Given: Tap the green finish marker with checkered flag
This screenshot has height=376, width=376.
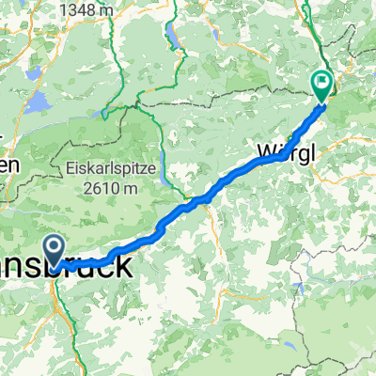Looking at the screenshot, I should pyautogui.click(x=321, y=86).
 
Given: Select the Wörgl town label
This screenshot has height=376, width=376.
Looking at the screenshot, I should pyautogui.click(x=281, y=149).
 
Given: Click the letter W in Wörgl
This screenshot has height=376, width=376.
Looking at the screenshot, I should pyautogui.click(x=264, y=149).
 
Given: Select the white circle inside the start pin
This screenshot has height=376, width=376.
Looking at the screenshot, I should pyautogui.click(x=55, y=246).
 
